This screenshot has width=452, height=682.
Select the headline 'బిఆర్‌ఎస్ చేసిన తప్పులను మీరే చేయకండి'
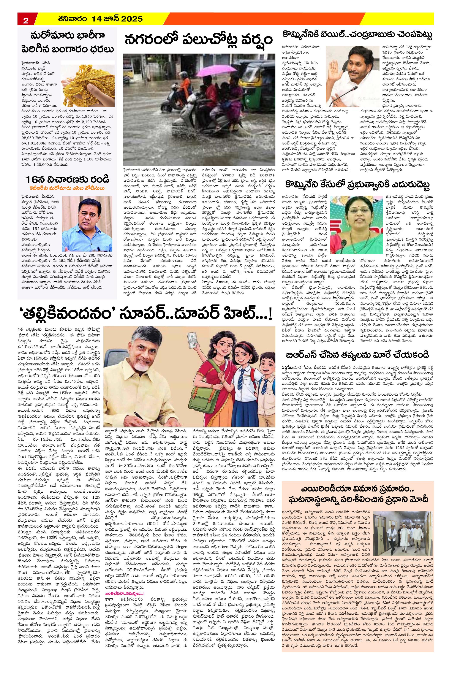[358, 354]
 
